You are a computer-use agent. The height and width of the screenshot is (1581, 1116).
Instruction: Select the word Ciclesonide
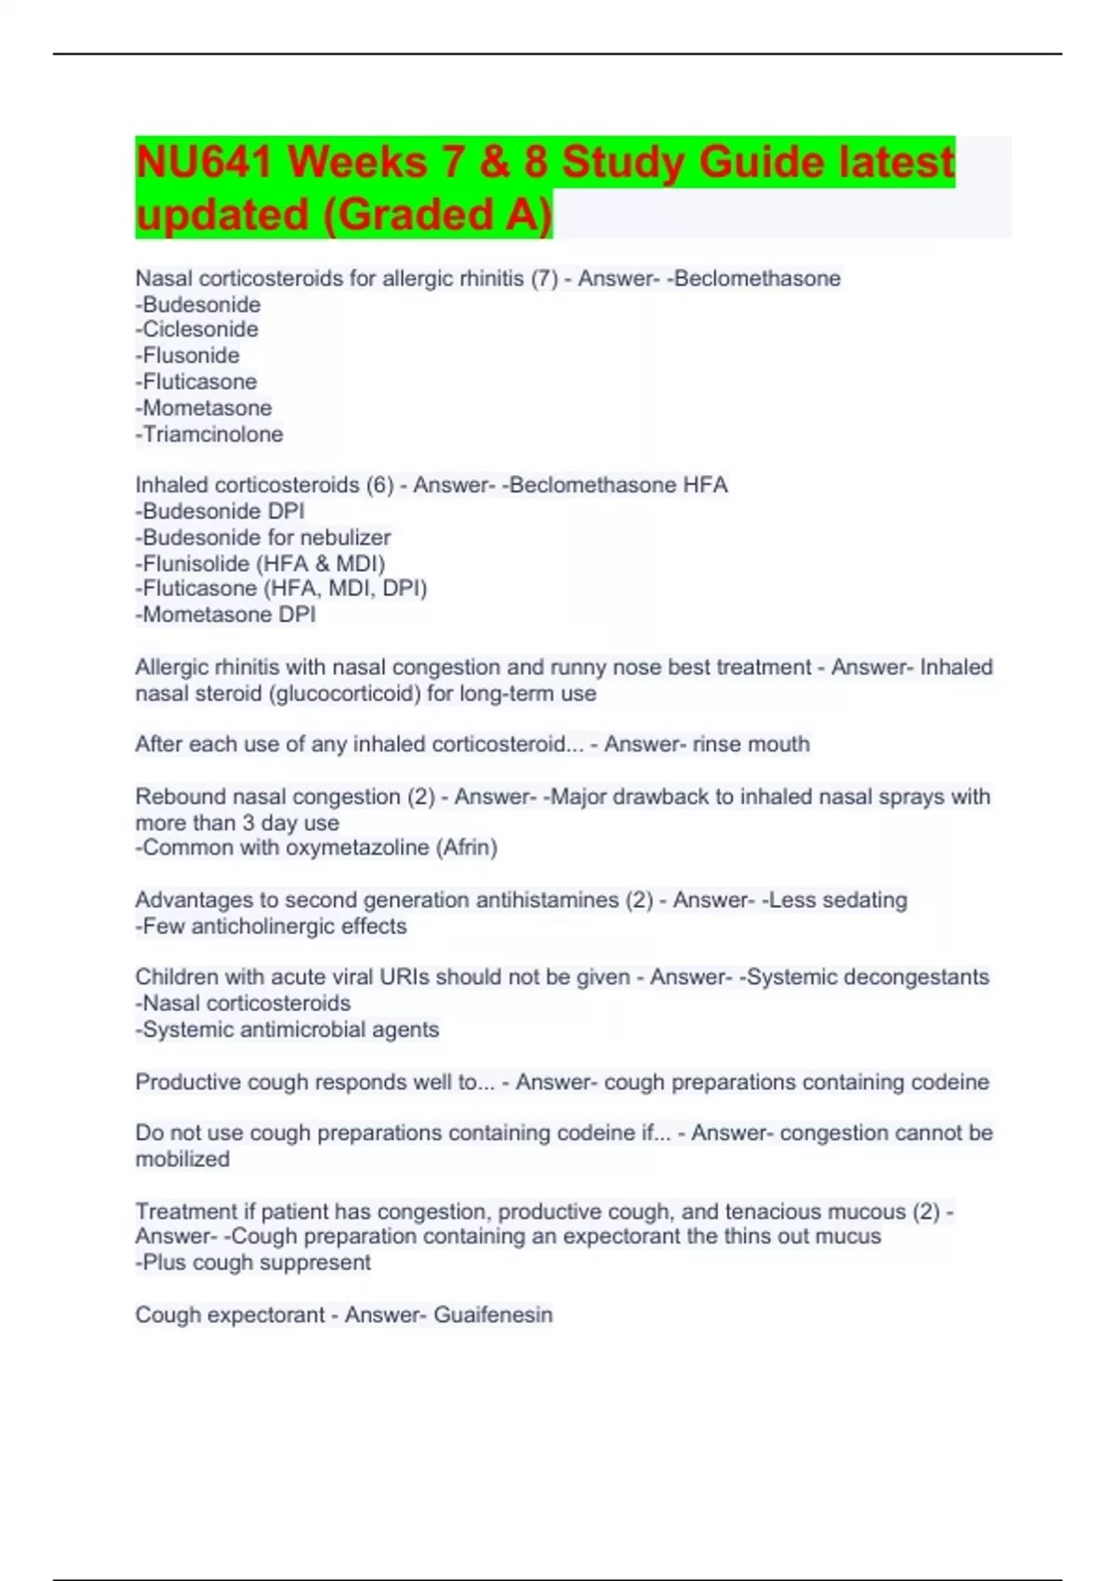click(x=200, y=329)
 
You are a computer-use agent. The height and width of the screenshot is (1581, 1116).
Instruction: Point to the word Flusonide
click(x=191, y=355)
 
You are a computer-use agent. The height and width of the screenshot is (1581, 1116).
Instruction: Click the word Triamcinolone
click(x=212, y=434)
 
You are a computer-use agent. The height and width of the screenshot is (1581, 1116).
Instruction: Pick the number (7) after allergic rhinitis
click(x=544, y=278)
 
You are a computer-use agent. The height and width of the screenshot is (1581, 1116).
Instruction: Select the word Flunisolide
click(x=195, y=564)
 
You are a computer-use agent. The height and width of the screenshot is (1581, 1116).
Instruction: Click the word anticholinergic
click(x=274, y=926)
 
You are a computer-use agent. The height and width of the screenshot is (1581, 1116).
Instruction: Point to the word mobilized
click(x=182, y=1160)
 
